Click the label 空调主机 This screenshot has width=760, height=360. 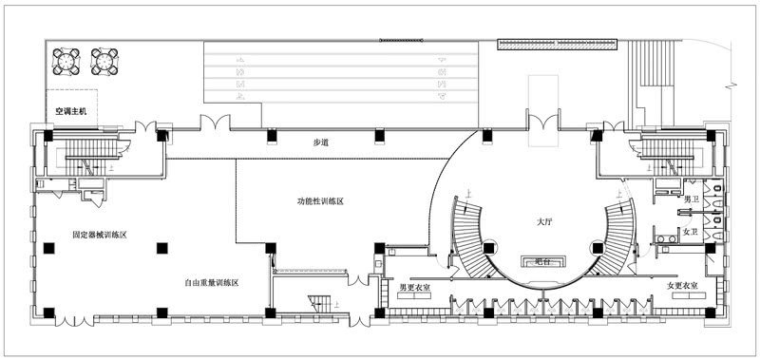(71, 111)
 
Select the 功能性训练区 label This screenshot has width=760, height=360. (319, 201)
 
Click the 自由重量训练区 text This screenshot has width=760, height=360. (211, 282)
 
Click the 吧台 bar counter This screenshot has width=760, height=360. (544, 259)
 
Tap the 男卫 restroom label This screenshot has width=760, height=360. (692, 199)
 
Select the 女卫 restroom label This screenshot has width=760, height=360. (692, 232)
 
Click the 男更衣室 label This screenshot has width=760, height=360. (417, 286)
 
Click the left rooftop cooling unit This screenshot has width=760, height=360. (66, 60)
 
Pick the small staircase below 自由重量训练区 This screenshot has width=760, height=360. (321, 303)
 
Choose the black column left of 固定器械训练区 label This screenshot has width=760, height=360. (48, 248)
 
